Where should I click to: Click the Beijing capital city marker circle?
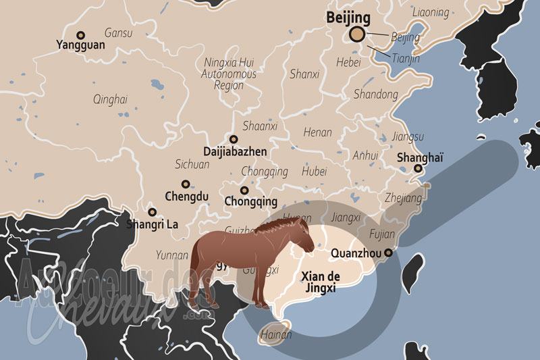(356, 34)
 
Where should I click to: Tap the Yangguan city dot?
(81, 35)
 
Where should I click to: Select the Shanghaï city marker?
(418, 169)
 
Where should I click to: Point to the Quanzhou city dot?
(388, 253)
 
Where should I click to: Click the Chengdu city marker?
(185, 184)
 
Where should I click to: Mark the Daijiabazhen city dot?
(234, 139)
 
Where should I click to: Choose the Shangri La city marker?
(152, 211)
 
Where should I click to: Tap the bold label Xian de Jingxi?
(321, 282)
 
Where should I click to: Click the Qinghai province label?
(110, 99)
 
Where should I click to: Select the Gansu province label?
(119, 32)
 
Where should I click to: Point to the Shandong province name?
(376, 94)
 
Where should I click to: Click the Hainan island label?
(276, 334)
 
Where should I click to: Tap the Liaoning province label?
(431, 12)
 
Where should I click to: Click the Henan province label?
(317, 132)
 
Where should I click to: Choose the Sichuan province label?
(192, 164)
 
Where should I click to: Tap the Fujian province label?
(382, 234)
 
